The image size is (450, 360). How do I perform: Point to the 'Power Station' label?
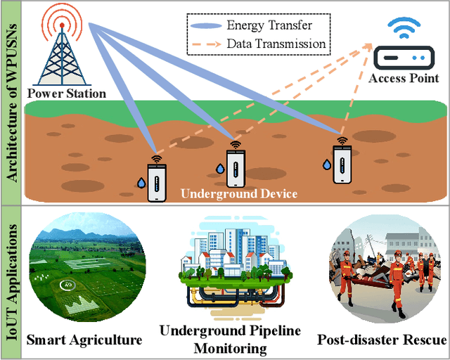click(67, 93)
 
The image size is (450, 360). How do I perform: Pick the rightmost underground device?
click(342, 161)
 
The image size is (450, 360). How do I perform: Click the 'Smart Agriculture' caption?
click(84, 340)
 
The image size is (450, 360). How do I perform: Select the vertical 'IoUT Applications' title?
click(12, 281)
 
